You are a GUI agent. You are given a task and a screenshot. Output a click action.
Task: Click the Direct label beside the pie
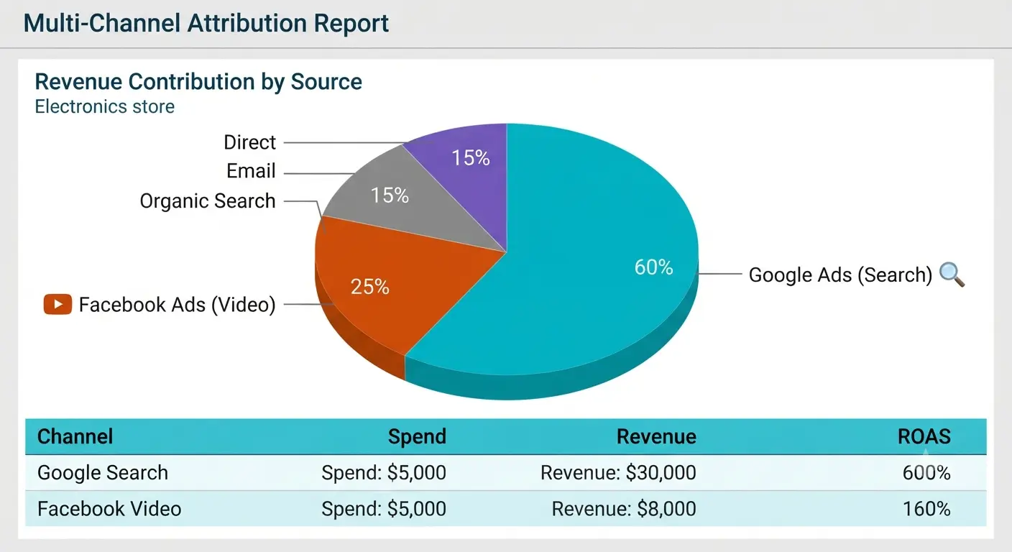pos(249,142)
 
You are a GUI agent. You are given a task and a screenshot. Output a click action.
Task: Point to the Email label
pos(251,171)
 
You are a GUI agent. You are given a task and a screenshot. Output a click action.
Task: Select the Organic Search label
pos(208,201)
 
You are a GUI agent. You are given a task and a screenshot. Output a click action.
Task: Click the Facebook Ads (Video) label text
pos(177,305)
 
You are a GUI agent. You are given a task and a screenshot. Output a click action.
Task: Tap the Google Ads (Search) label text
pos(840,275)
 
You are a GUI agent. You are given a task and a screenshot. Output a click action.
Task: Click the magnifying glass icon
pos(952,274)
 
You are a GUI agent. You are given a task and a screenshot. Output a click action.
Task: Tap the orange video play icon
pos(57,304)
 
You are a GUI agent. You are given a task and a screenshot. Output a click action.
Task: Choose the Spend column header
pos(417,436)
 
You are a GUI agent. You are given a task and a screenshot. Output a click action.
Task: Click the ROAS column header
pos(924,436)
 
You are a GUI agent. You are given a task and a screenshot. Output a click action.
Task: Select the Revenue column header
pos(656,436)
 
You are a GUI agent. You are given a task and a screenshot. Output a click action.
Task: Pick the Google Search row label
pos(103,472)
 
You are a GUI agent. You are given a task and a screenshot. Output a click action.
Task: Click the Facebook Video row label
pos(109,509)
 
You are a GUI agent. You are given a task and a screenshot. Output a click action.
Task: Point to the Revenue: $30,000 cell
pos(618,472)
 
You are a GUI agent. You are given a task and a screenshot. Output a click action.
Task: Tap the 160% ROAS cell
pos(926,509)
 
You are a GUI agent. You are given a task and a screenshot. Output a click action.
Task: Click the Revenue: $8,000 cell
pos(623,509)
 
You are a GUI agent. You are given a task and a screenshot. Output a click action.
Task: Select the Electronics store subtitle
pos(104,106)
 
